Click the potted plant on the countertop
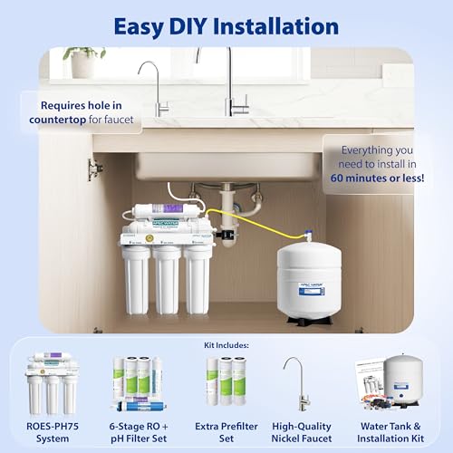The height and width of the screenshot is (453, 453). (84, 63)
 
